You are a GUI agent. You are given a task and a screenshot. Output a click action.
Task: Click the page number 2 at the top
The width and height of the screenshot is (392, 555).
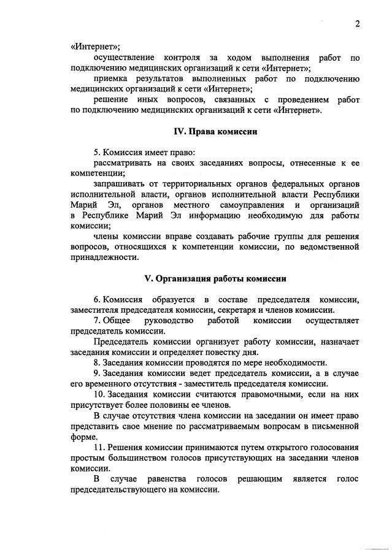coord(356,24)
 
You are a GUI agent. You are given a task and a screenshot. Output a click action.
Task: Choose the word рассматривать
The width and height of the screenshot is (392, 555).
coord(123,162)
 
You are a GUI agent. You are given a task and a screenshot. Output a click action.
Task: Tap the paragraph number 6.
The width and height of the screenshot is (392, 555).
coord(96,299)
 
